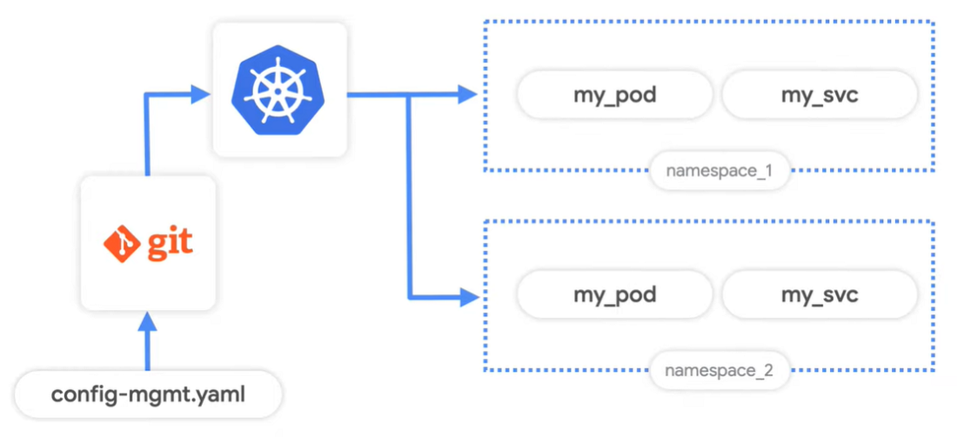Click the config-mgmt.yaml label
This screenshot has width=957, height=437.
(148, 395)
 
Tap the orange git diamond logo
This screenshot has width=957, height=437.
(120, 243)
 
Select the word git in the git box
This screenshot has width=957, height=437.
(168, 243)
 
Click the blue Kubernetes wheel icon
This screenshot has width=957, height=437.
(277, 91)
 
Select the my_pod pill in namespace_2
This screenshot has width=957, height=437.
(614, 295)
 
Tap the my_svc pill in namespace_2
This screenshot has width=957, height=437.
(820, 295)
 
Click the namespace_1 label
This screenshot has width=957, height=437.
(719, 171)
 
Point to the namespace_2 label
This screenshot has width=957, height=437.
(719, 370)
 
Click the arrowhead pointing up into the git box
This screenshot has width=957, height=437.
(146, 321)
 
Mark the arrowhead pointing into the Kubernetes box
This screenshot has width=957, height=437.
(200, 94)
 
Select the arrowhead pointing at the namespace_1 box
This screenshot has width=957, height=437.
(467, 94)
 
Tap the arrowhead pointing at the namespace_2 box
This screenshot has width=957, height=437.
(467, 297)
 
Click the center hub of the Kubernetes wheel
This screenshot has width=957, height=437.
(277, 91)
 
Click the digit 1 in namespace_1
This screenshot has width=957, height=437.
(768, 171)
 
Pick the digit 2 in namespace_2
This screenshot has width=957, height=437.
(768, 369)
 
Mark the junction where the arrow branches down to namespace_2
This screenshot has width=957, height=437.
(410, 95)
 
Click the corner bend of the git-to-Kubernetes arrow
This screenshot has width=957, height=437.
(146, 95)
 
